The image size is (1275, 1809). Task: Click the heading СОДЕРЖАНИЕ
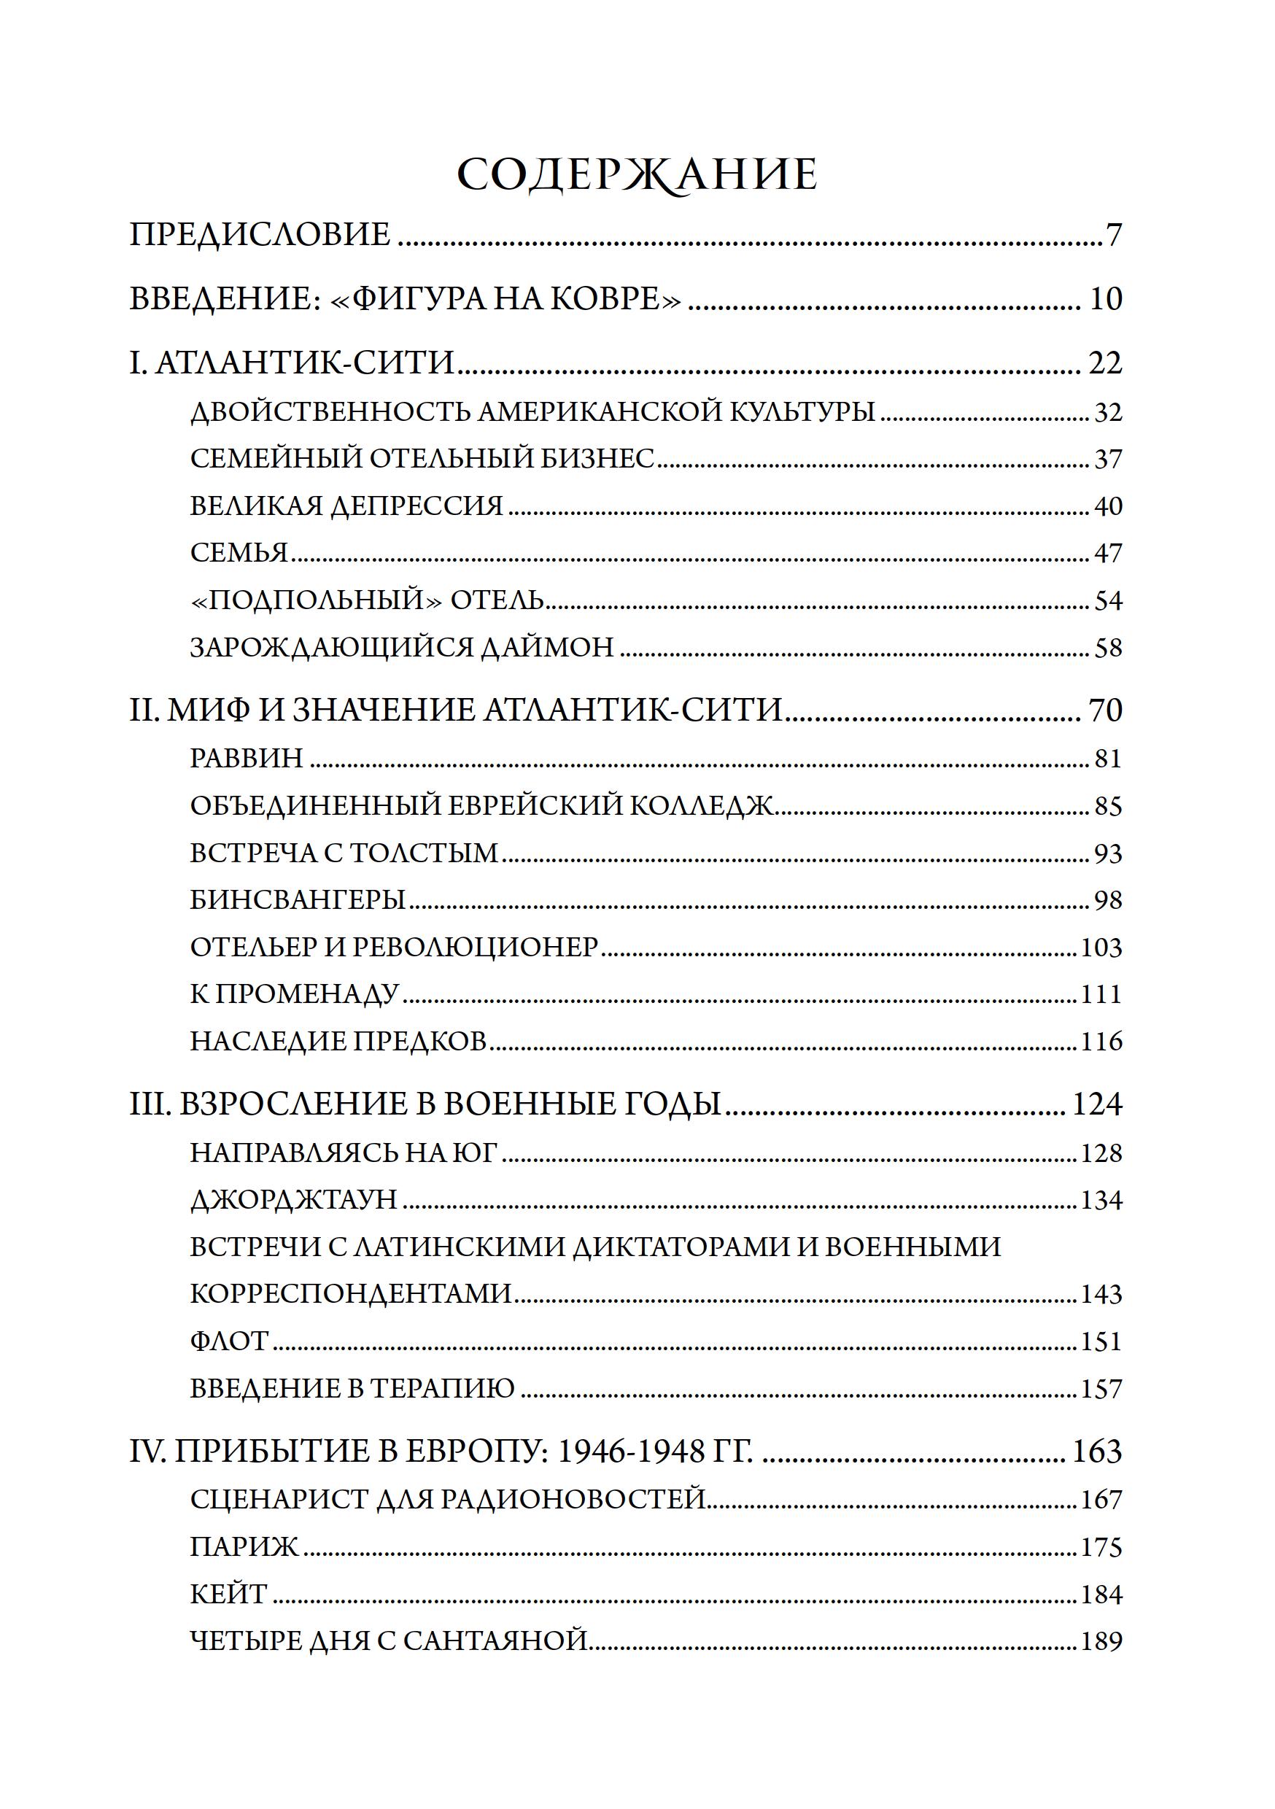point(637,175)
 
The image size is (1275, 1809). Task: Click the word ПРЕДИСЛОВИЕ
point(260,235)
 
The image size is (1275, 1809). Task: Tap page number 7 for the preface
point(1114,236)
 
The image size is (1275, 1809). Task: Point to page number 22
point(1105,363)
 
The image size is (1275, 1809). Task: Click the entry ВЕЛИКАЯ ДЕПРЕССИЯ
point(346,505)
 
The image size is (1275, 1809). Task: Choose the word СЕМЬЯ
point(239,553)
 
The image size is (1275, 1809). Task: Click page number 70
point(1105,710)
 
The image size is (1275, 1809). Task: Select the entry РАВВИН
point(247,758)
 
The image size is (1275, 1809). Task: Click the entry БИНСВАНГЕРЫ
point(298,900)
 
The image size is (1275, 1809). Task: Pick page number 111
point(1100,994)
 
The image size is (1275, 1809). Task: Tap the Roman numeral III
point(150,1104)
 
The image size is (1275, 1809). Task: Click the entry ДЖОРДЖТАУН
point(294,1199)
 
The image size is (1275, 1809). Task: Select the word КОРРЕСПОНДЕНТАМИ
point(351,1294)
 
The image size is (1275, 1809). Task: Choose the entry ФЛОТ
point(230,1341)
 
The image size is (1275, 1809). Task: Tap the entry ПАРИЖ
point(244,1546)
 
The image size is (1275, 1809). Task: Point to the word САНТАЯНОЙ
point(496,1641)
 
